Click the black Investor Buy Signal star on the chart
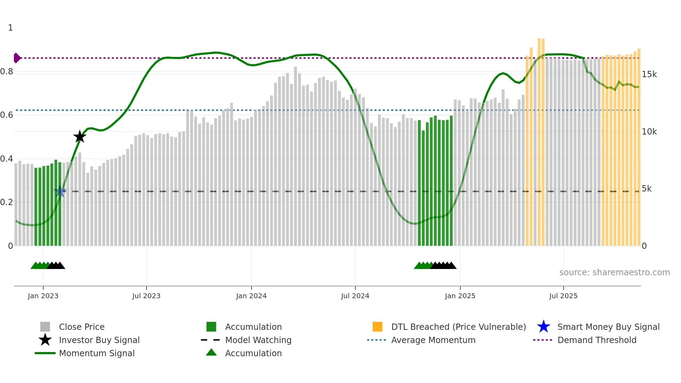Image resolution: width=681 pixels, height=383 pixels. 80,137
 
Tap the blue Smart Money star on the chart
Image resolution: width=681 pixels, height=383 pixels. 60,191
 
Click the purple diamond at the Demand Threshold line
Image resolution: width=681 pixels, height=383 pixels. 17,58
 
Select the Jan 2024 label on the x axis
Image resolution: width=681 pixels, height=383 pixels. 251,296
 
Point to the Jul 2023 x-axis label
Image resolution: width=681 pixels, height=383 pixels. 146,296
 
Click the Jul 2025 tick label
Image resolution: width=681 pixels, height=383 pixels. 563,296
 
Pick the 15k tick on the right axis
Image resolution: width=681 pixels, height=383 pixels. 649,74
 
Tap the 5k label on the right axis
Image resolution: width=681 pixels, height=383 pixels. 647,189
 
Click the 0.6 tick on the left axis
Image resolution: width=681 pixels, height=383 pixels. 7,115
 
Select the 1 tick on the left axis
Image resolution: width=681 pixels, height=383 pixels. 10,28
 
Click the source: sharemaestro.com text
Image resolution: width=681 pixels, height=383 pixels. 614,272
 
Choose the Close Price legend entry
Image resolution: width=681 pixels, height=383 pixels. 82,327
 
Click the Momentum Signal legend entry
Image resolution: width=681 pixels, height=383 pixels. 97,353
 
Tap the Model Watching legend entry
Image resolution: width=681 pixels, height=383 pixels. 258,340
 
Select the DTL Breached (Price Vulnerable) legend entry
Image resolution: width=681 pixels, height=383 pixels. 458,327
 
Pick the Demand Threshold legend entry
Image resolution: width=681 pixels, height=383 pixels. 597,340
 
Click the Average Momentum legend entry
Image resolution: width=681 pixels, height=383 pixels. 433,340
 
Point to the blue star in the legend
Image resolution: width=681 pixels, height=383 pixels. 543,327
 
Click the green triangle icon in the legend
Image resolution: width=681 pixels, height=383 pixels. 211,353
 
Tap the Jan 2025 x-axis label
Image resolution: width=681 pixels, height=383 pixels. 460,296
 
